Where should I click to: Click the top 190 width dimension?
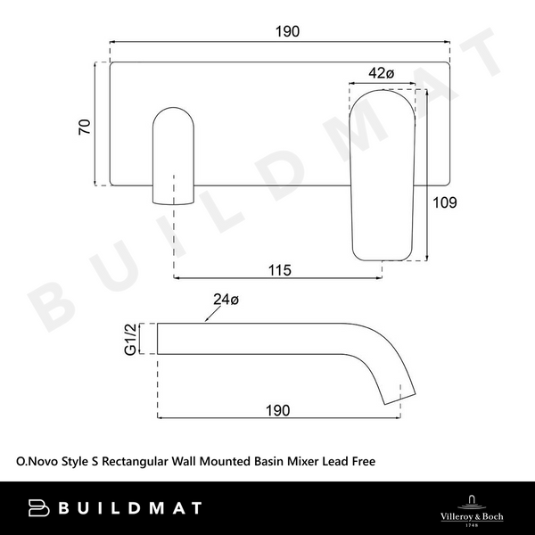tap(286, 30)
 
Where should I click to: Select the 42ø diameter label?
tap(381, 74)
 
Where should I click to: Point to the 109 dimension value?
tap(443, 202)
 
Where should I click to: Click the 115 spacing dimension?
tap(279, 269)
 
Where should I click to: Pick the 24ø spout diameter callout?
tap(226, 300)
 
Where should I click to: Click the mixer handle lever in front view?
tap(381, 169)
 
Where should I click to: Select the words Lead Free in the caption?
tap(348, 462)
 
